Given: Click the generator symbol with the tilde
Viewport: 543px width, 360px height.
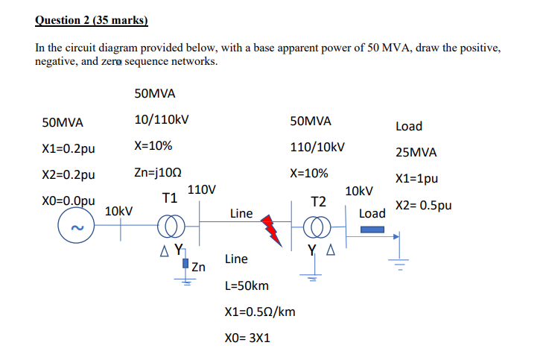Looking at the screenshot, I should [x=76, y=227].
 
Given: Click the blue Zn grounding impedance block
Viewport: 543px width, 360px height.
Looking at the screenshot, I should [x=185, y=264].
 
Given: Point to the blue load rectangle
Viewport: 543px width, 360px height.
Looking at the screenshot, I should [x=372, y=230].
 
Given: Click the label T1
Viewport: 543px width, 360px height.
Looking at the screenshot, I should [x=169, y=198].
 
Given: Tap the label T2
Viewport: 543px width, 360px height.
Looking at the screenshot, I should [x=318, y=202].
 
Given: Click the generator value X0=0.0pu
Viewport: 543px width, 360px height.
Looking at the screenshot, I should [x=69, y=201].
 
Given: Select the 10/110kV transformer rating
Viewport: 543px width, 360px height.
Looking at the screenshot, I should [x=162, y=119].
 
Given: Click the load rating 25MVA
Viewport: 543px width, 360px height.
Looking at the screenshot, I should [x=416, y=153].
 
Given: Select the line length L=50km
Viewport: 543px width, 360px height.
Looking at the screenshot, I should [x=247, y=285].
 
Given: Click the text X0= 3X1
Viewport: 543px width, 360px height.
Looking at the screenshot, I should [x=247, y=338].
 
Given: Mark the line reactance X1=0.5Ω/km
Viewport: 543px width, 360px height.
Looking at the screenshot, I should [x=259, y=312].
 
